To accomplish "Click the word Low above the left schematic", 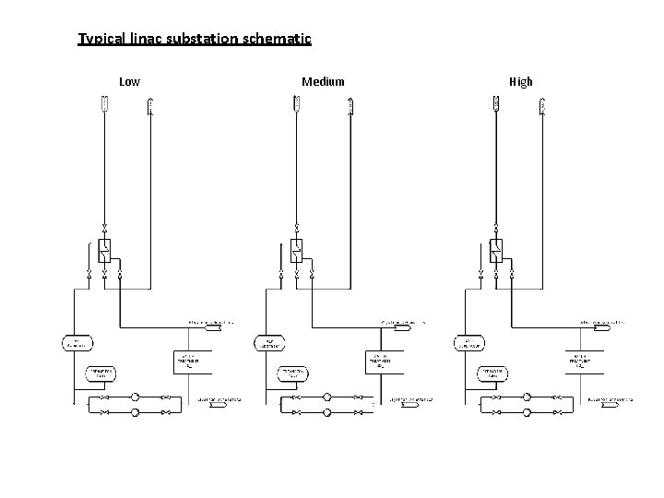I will pyautogui.click(x=130, y=82).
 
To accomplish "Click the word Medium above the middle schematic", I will pyautogui.click(x=323, y=82).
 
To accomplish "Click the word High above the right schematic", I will pyautogui.click(x=520, y=82).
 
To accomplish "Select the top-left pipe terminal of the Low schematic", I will pyautogui.click(x=104, y=108).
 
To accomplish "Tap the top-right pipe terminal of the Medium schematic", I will pyautogui.click(x=350, y=108).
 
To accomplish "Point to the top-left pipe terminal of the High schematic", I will pyautogui.click(x=495, y=108).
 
